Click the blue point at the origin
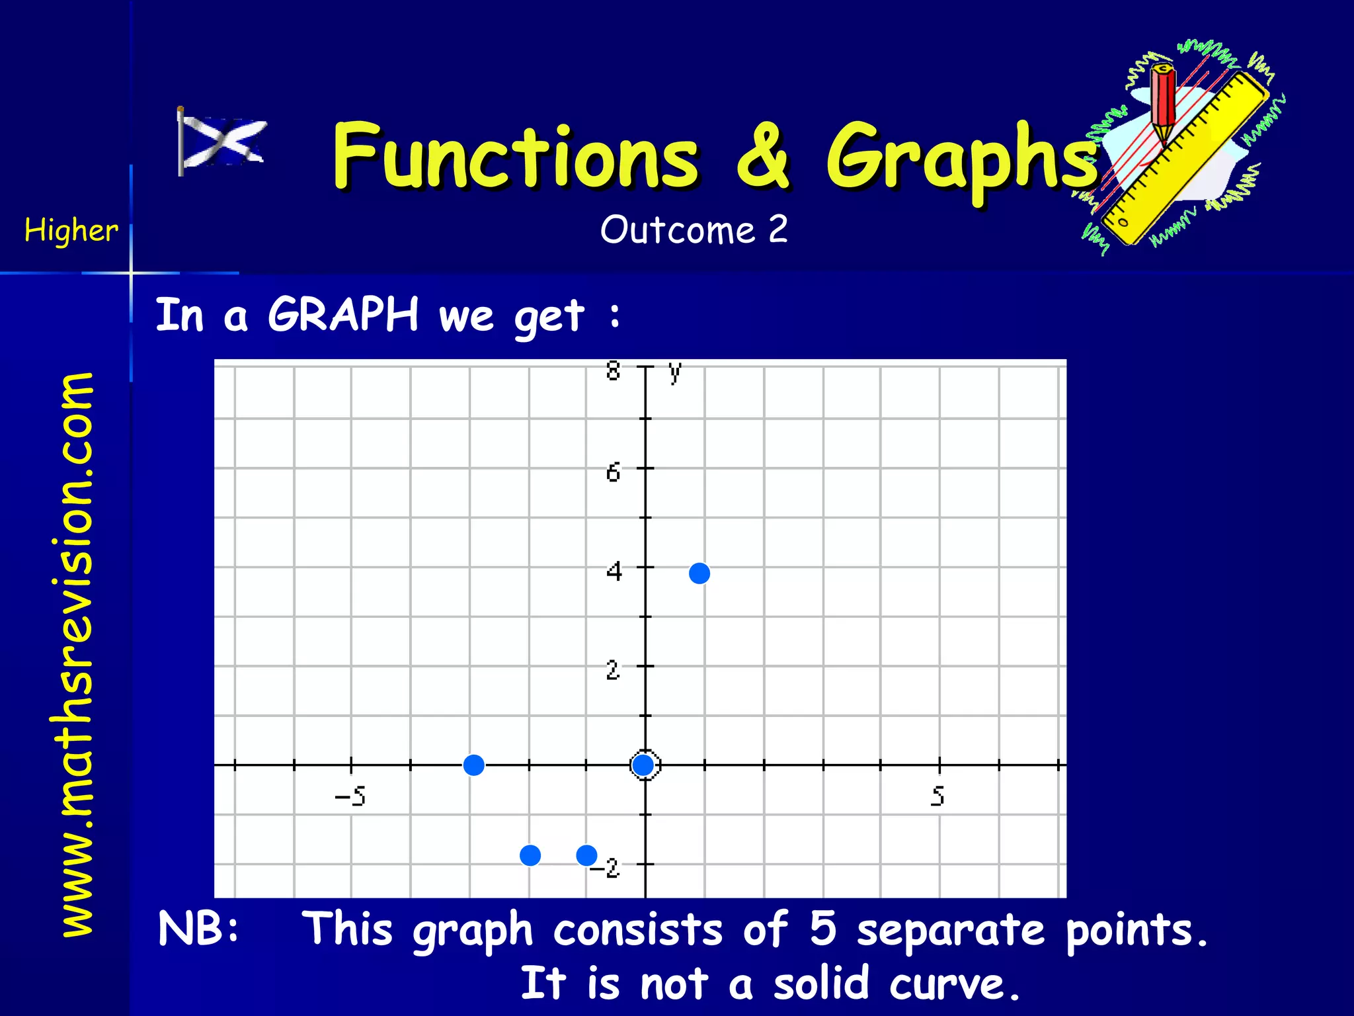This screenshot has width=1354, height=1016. click(643, 765)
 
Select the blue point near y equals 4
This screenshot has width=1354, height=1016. click(699, 573)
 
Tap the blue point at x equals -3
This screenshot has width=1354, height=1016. click(473, 765)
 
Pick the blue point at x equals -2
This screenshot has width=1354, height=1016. click(530, 855)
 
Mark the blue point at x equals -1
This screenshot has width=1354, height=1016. click(586, 855)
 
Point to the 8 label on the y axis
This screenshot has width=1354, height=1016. click(614, 371)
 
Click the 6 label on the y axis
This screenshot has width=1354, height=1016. click(614, 472)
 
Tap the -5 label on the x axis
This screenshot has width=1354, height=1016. click(350, 796)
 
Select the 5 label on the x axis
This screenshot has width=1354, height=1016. click(937, 796)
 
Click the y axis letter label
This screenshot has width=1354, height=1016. click(674, 372)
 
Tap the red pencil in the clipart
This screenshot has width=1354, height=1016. click(1162, 103)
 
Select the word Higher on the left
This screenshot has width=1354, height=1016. click(71, 231)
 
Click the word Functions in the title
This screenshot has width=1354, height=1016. click(515, 157)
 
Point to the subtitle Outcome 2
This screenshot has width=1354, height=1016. click(694, 230)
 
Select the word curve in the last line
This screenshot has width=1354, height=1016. click(955, 983)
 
